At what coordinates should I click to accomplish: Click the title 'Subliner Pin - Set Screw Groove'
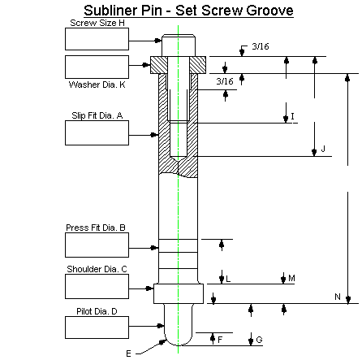tap(188, 11)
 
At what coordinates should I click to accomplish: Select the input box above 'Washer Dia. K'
tap(97, 67)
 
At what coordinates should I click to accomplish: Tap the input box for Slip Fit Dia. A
tap(97, 133)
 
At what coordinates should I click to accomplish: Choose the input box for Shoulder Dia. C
tap(97, 286)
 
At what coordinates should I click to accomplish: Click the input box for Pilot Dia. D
tap(97, 327)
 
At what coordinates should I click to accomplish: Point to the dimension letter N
tap(338, 297)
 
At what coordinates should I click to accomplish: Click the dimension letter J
tap(323, 149)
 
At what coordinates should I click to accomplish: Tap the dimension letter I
tap(292, 115)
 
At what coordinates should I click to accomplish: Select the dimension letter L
tap(228, 279)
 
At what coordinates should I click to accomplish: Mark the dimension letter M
tap(291, 278)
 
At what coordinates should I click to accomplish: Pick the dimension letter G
tap(259, 340)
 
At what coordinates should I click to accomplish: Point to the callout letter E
tap(128, 353)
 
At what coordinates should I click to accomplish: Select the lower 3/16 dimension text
tap(226, 81)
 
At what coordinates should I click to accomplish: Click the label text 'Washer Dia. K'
tap(97, 85)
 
